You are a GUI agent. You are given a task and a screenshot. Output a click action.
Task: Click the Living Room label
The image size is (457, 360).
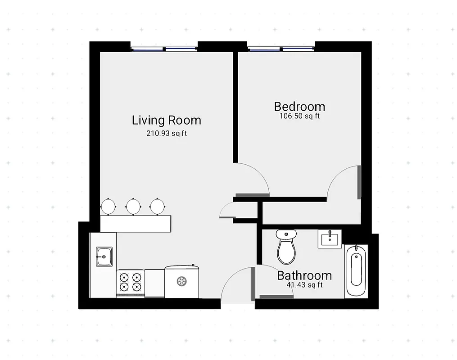click(x=166, y=121)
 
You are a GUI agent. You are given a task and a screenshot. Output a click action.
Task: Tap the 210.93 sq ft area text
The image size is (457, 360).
click(x=166, y=133)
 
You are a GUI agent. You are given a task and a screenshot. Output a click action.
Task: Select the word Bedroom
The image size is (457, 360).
click(x=299, y=107)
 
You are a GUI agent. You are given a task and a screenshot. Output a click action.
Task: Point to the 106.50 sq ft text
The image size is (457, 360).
click(x=299, y=116)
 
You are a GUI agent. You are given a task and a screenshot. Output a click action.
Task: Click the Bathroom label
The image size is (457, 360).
click(x=304, y=275)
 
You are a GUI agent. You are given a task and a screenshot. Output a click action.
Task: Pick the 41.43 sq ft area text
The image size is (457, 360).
click(x=304, y=285)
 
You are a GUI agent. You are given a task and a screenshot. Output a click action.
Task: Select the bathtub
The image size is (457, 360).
click(x=356, y=270)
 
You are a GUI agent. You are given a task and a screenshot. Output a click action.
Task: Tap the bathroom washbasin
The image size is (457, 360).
click(x=330, y=238)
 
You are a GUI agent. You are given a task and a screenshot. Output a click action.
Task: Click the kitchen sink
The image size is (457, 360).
click(x=104, y=257)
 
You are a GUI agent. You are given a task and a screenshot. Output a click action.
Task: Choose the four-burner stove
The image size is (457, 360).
click(x=130, y=282)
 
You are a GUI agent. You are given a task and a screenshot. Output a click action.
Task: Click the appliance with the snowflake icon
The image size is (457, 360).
click(x=182, y=281)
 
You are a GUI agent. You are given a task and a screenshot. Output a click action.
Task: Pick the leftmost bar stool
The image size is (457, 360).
click(x=109, y=206)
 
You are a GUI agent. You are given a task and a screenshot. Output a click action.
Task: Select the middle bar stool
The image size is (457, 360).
click(x=133, y=206)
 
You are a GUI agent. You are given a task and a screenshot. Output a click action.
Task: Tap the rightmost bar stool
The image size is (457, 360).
click(x=157, y=206)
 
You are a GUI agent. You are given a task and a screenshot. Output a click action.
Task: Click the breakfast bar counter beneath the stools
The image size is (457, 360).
click(x=136, y=223)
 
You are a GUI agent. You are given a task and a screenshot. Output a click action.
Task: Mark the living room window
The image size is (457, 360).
click(x=164, y=48)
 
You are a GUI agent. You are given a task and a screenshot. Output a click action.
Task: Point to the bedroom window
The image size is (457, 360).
click(x=281, y=48)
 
